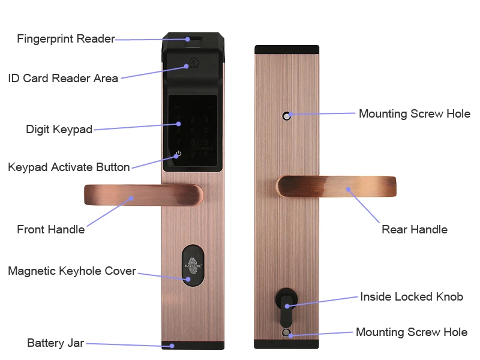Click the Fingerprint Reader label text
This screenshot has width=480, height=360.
tap(66, 39)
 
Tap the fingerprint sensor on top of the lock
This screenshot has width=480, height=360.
tap(193, 41)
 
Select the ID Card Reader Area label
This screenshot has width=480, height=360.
tap(63, 79)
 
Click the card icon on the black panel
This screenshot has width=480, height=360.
tap(193, 63)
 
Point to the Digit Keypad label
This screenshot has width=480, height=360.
tap(59, 129)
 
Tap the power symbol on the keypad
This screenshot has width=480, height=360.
tap(179, 153)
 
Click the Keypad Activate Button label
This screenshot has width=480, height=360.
tap(69, 167)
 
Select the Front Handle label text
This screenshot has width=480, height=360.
tap(51, 230)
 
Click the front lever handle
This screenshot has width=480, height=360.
tap(143, 194)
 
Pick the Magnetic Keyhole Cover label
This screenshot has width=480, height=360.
tap(72, 271)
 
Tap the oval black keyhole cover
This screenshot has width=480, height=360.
tap(193, 266)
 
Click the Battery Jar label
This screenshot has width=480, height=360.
tap(55, 343)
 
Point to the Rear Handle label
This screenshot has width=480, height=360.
tap(415, 230)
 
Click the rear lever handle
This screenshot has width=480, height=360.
tap(336, 186)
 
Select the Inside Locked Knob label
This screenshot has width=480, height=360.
tap(412, 296)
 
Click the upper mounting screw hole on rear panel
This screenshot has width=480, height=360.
tap(287, 116)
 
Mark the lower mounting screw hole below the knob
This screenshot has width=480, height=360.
tap(286, 333)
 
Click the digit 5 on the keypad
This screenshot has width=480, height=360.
tap(193, 131)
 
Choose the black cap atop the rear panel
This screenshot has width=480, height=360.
tap(287, 49)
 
